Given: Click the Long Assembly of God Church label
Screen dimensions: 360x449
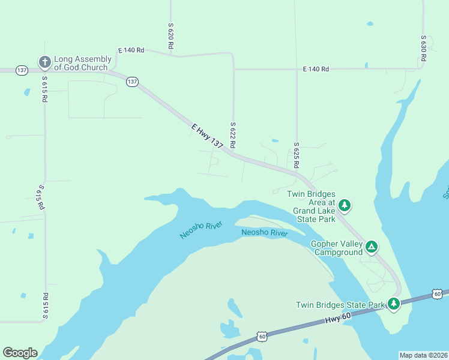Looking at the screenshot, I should (x=82, y=63).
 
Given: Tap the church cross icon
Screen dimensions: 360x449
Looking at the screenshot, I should (x=44, y=62).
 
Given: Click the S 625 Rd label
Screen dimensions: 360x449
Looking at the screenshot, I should (x=297, y=155).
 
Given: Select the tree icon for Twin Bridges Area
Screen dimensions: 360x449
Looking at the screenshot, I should (x=345, y=206).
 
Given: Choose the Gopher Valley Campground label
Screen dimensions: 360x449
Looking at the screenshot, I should (x=337, y=248).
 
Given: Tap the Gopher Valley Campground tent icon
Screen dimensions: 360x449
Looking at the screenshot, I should (x=372, y=246).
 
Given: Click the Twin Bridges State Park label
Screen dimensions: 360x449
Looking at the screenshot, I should (x=340, y=305).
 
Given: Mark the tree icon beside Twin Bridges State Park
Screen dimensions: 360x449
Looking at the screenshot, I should (x=394, y=304).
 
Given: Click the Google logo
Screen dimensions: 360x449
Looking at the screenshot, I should (x=20, y=353).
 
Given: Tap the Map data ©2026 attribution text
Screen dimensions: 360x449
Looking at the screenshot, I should (x=423, y=355).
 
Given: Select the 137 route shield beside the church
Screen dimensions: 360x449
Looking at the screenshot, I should (x=22, y=70).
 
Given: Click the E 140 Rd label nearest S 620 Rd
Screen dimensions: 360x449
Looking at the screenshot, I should (x=131, y=50).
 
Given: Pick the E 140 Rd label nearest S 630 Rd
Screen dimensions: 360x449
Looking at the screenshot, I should (x=316, y=69).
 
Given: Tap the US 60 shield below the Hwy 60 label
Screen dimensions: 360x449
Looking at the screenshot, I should (x=262, y=337).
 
